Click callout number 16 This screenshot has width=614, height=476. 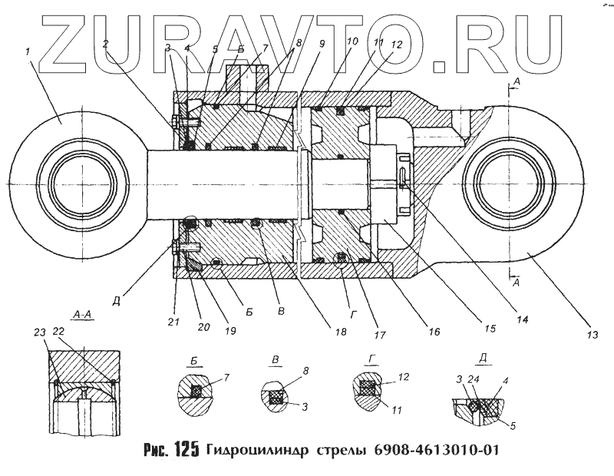434,332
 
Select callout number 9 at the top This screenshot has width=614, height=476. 322,44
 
